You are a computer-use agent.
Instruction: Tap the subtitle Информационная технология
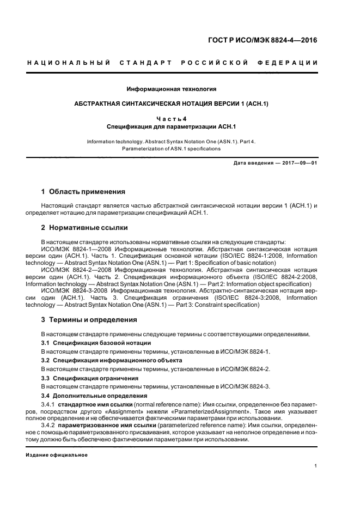(172, 88)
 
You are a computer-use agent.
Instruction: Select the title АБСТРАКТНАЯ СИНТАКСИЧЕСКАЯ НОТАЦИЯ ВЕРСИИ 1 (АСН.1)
(172, 103)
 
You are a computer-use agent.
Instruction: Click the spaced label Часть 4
(172, 118)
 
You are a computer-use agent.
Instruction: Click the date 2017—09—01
(298, 163)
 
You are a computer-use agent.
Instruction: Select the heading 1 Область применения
(83, 192)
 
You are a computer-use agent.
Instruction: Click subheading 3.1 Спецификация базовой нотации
(96, 343)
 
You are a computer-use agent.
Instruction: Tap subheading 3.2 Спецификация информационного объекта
(112, 361)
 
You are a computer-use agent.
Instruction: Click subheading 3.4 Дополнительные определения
(94, 395)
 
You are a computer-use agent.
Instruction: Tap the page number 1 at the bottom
(316, 466)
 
